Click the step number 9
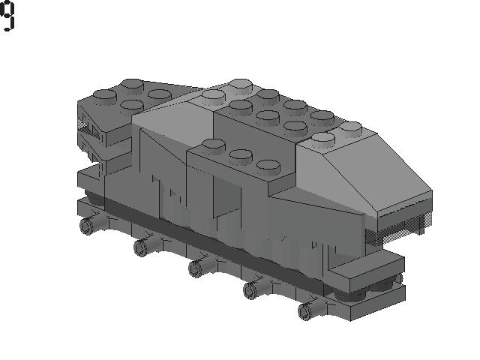pos(7,16)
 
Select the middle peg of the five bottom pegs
pos(196,268)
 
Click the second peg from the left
pos(141,246)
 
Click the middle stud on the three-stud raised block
pos(240,155)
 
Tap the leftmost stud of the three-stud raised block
pos(214,145)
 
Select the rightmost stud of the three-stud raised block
pos(266,165)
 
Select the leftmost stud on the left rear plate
pos(103,95)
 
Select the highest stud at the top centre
pos(240,82)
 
